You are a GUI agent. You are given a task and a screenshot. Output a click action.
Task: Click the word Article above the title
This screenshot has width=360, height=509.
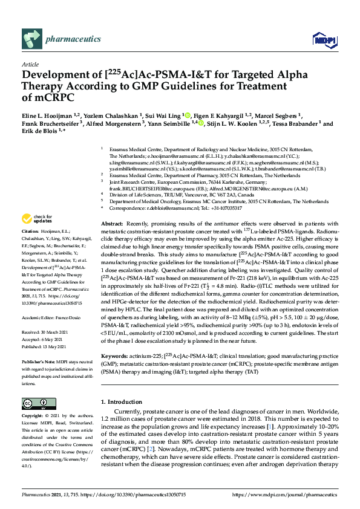[30, 64]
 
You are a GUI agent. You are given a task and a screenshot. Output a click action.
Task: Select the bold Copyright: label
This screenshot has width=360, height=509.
[33, 417]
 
